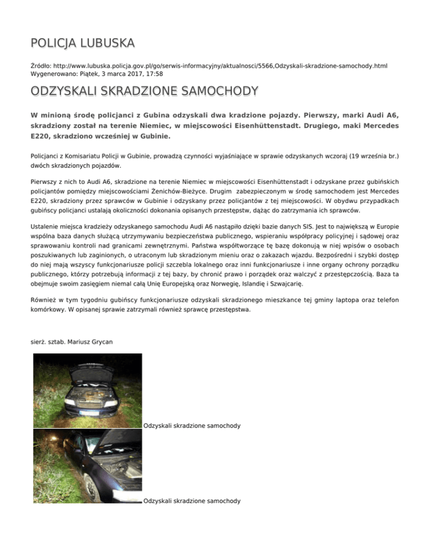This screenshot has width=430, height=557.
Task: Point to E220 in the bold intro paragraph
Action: [41, 136]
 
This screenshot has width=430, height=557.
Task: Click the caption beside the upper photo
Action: [192, 426]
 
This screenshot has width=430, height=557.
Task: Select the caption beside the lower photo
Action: [192, 501]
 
